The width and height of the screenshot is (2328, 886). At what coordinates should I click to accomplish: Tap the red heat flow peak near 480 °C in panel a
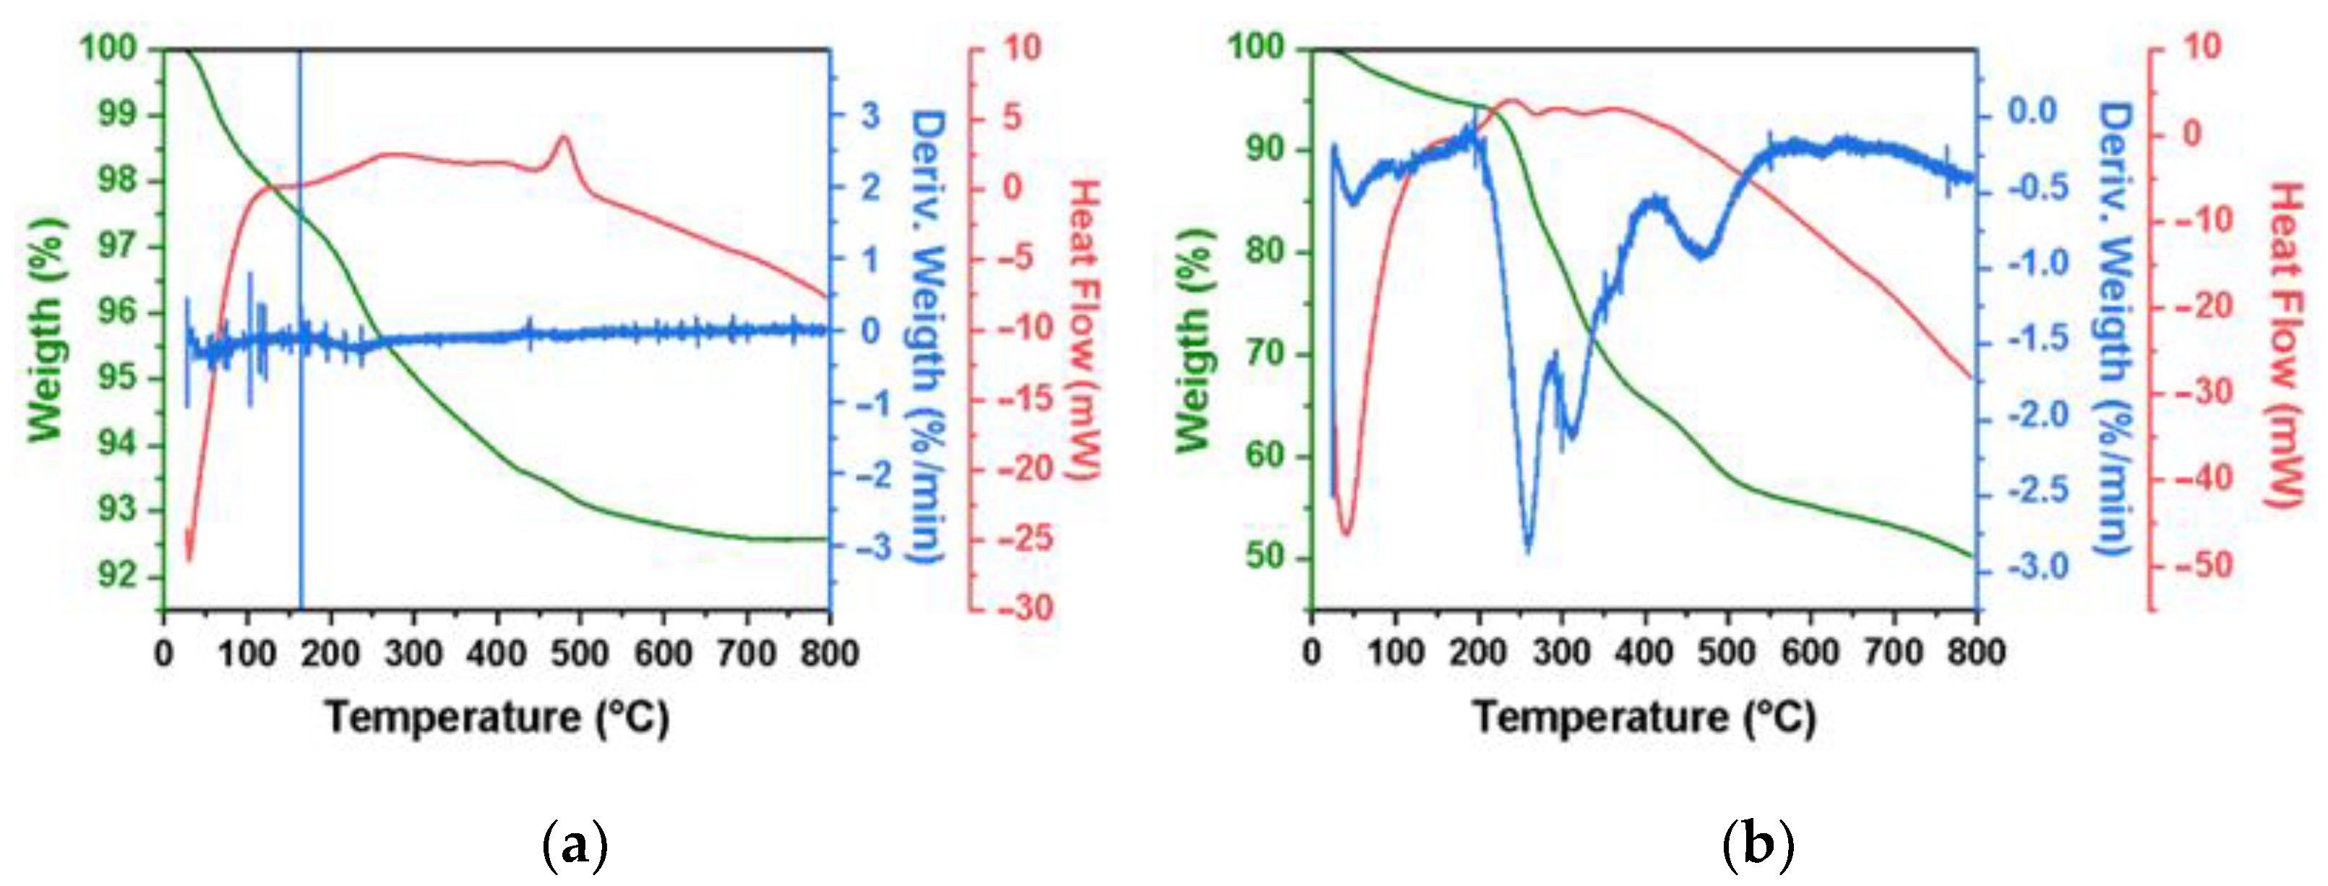point(564,138)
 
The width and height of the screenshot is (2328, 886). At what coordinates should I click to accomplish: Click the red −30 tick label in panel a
point(1026,607)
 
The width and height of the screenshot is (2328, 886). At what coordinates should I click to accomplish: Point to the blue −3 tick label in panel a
point(869,547)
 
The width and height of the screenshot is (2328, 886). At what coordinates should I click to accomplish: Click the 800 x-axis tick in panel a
point(829,652)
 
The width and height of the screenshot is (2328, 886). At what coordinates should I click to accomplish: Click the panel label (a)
point(575,847)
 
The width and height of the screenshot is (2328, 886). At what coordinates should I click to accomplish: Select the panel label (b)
point(1758,847)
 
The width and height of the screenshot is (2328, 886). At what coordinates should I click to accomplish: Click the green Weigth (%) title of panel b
point(1195,337)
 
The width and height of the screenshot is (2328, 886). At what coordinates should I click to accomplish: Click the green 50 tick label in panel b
point(1266,556)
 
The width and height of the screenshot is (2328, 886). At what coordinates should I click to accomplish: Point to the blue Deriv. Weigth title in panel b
point(2114,330)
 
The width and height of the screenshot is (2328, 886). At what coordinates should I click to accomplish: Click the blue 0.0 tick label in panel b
point(2032,112)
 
